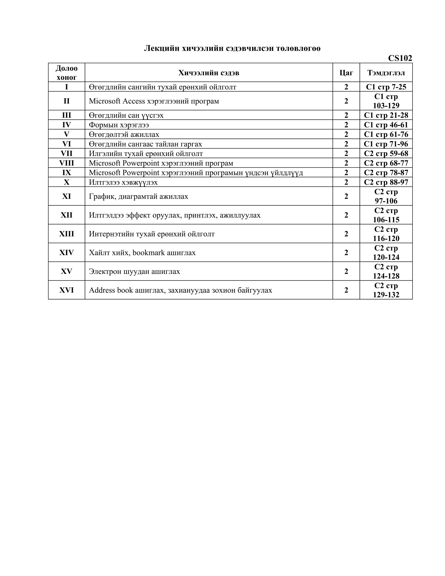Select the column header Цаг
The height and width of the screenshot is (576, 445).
coord(346,73)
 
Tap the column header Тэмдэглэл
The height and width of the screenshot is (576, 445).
coord(386,73)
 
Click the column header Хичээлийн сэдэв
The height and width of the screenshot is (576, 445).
coord(209,73)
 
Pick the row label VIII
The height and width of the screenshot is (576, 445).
coord(66,163)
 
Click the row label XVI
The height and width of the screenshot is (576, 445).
coord(66,290)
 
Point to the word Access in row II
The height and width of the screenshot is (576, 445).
coord(134,101)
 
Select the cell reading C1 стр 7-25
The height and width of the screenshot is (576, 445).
coord(386,87)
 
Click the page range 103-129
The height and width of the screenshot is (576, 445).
coord(386,105)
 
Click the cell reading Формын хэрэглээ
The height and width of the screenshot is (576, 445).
coord(119,125)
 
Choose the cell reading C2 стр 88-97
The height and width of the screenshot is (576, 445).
coord(386,182)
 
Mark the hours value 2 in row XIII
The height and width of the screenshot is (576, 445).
coord(346,234)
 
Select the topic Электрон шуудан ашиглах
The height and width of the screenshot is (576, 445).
coord(134,271)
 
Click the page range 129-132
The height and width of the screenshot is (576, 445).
coord(386,295)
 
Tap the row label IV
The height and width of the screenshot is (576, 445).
coord(66,125)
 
